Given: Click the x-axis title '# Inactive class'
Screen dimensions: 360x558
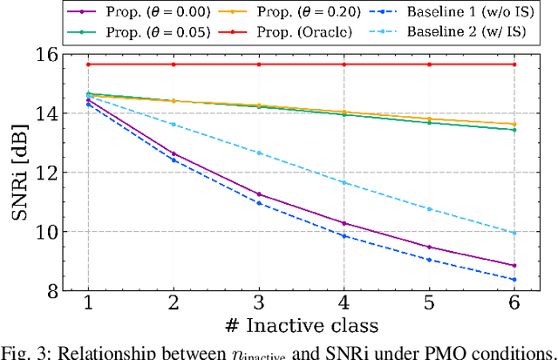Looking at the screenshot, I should coord(301,326).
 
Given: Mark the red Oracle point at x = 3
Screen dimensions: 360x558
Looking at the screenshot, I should coord(258,65).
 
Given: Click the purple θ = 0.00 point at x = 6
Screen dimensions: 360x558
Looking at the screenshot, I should coord(514,266).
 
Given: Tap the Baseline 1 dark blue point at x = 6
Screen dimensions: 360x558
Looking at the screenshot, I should coord(514,280).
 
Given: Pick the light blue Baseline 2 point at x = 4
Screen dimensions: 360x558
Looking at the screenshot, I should coord(344,182).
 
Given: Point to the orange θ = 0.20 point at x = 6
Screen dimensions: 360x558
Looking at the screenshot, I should coord(514,124).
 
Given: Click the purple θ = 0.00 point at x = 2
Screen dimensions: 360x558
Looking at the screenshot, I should coord(174,153).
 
